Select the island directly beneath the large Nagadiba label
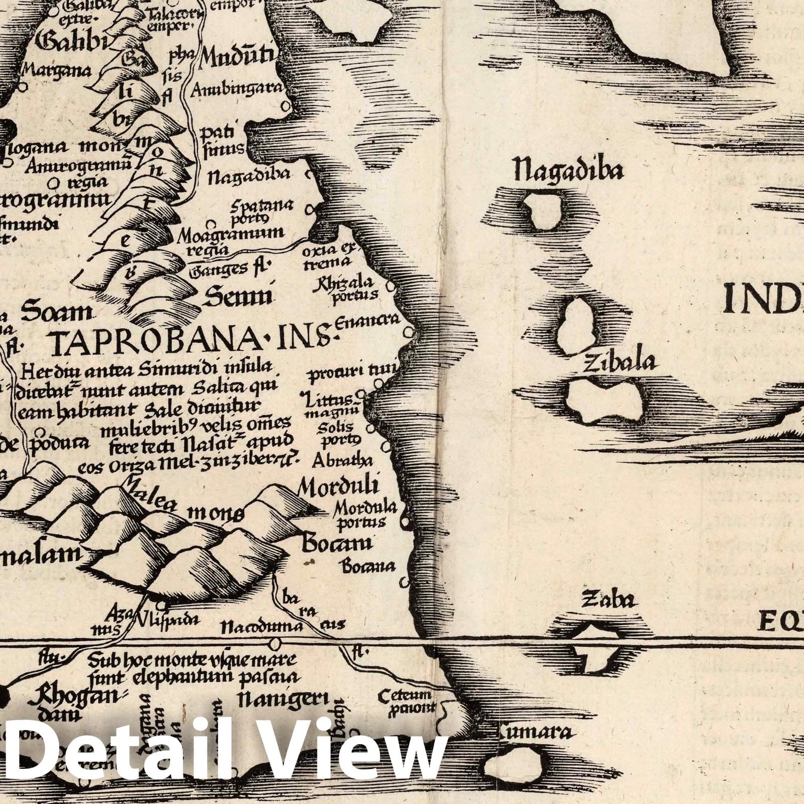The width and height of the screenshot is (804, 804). [541, 212]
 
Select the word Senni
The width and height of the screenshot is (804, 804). [238, 297]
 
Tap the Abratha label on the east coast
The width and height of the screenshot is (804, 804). [342, 460]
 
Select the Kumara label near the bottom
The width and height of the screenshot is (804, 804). [535, 732]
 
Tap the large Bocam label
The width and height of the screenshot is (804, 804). [336, 543]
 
